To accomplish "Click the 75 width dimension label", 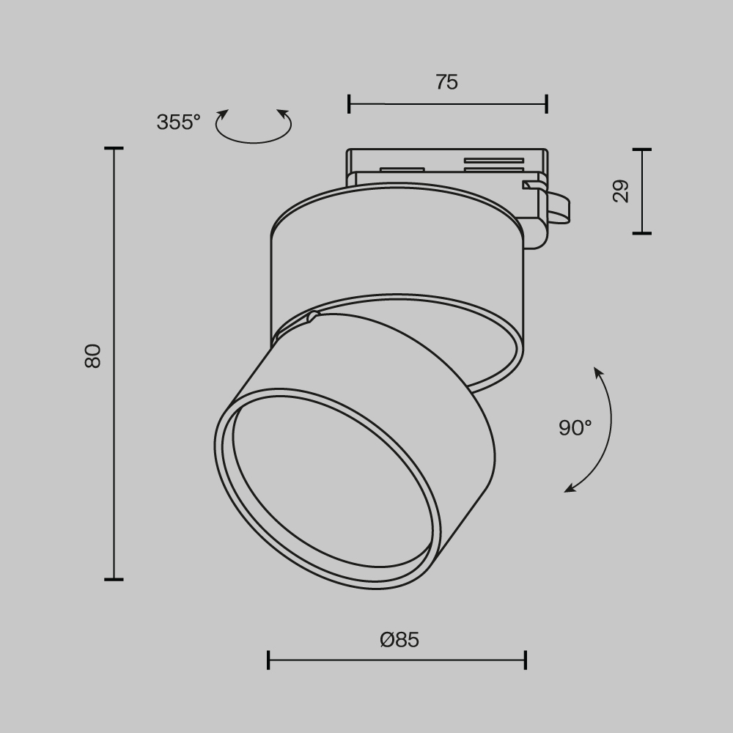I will [x=446, y=82].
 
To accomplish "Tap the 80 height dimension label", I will [x=92, y=356].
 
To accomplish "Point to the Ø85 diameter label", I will [x=399, y=640].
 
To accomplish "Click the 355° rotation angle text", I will [x=178, y=122].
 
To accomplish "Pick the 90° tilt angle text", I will [x=575, y=428].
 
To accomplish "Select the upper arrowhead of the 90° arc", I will [x=598, y=372].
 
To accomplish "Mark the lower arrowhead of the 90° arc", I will [x=570, y=488].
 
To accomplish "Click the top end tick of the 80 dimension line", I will [x=114, y=149].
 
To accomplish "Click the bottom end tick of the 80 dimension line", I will [x=114, y=579].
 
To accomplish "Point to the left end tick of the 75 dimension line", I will [x=349, y=104].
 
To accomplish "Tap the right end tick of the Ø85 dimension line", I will [x=525, y=660].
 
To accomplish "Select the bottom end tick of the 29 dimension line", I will [x=642, y=233].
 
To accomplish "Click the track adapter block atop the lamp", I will [x=447, y=164].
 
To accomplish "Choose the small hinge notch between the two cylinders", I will [x=314, y=317].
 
